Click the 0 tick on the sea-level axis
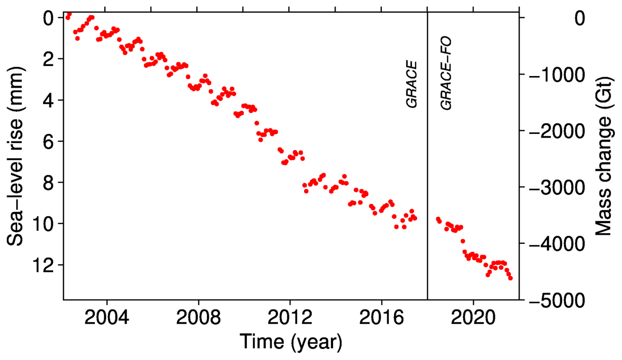coord(49,18)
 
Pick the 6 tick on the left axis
coord(49,141)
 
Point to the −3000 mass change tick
coord(555,188)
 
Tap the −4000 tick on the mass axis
coord(555,244)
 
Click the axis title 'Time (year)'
coord(290,342)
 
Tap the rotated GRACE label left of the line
coord(412,84)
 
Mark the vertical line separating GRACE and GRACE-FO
coord(427,203)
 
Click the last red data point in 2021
coord(510,278)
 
